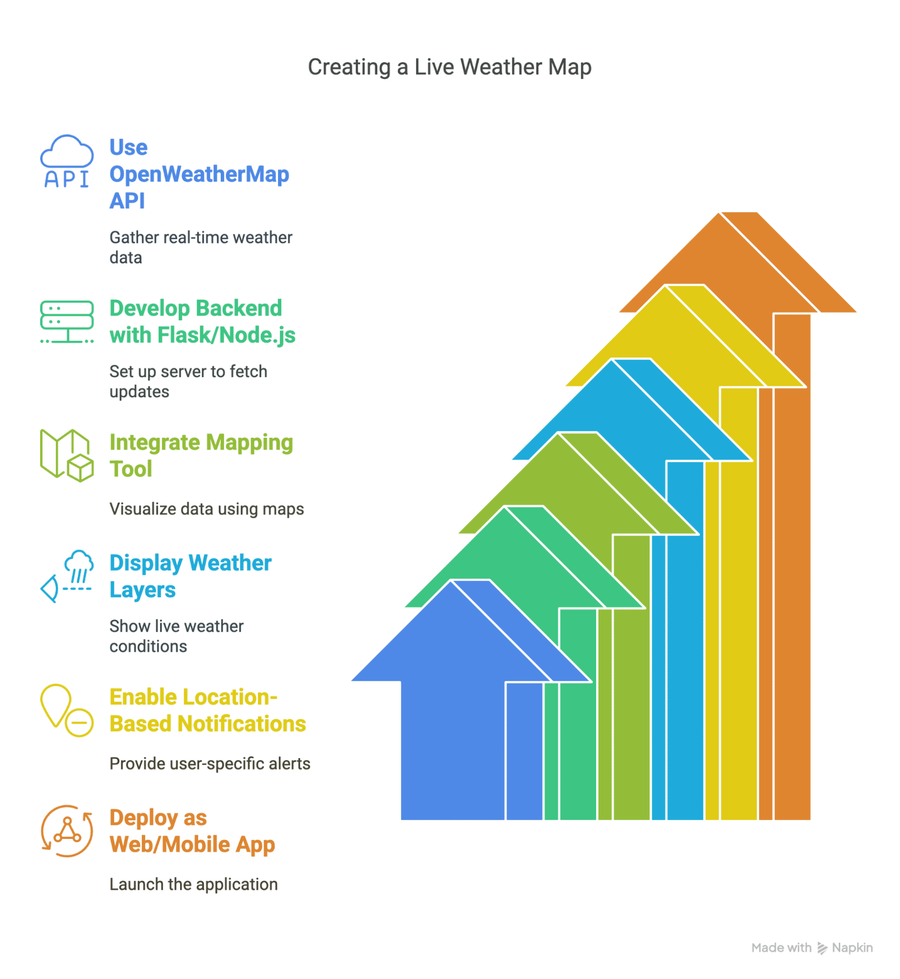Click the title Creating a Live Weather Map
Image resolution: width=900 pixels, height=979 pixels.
pyautogui.click(x=449, y=67)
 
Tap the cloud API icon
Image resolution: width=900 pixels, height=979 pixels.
pyautogui.click(x=67, y=162)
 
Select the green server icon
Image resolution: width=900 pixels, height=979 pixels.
pyautogui.click(x=67, y=322)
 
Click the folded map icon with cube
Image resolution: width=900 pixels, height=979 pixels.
pyautogui.click(x=67, y=455)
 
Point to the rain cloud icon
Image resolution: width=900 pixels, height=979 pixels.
pyautogui.click(x=67, y=576)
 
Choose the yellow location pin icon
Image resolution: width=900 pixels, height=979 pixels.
pyautogui.click(x=67, y=710)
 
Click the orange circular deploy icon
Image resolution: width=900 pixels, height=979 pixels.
pyautogui.click(x=67, y=831)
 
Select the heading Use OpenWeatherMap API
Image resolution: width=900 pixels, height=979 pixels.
pyautogui.click(x=199, y=174)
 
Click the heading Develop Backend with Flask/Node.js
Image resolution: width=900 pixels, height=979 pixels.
pyautogui.click(x=202, y=322)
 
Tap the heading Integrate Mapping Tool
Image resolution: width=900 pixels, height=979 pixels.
pyautogui.click(x=201, y=455)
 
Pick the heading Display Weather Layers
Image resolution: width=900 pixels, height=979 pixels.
pyautogui.click(x=190, y=576)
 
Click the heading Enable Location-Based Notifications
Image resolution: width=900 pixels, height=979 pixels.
pyautogui.click(x=208, y=710)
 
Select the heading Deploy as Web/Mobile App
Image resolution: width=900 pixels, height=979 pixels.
pyautogui.click(x=192, y=831)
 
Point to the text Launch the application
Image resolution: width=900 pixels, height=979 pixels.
pyautogui.click(x=193, y=884)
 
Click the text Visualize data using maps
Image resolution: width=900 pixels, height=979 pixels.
pyautogui.click(x=207, y=509)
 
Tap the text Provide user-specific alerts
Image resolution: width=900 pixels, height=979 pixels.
pyautogui.click(x=209, y=764)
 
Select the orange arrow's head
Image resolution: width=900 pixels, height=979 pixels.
pyautogui.click(x=738, y=263)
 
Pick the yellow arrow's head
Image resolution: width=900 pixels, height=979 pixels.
pyautogui.click(x=685, y=336)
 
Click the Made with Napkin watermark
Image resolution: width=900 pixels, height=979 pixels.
pyautogui.click(x=812, y=948)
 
